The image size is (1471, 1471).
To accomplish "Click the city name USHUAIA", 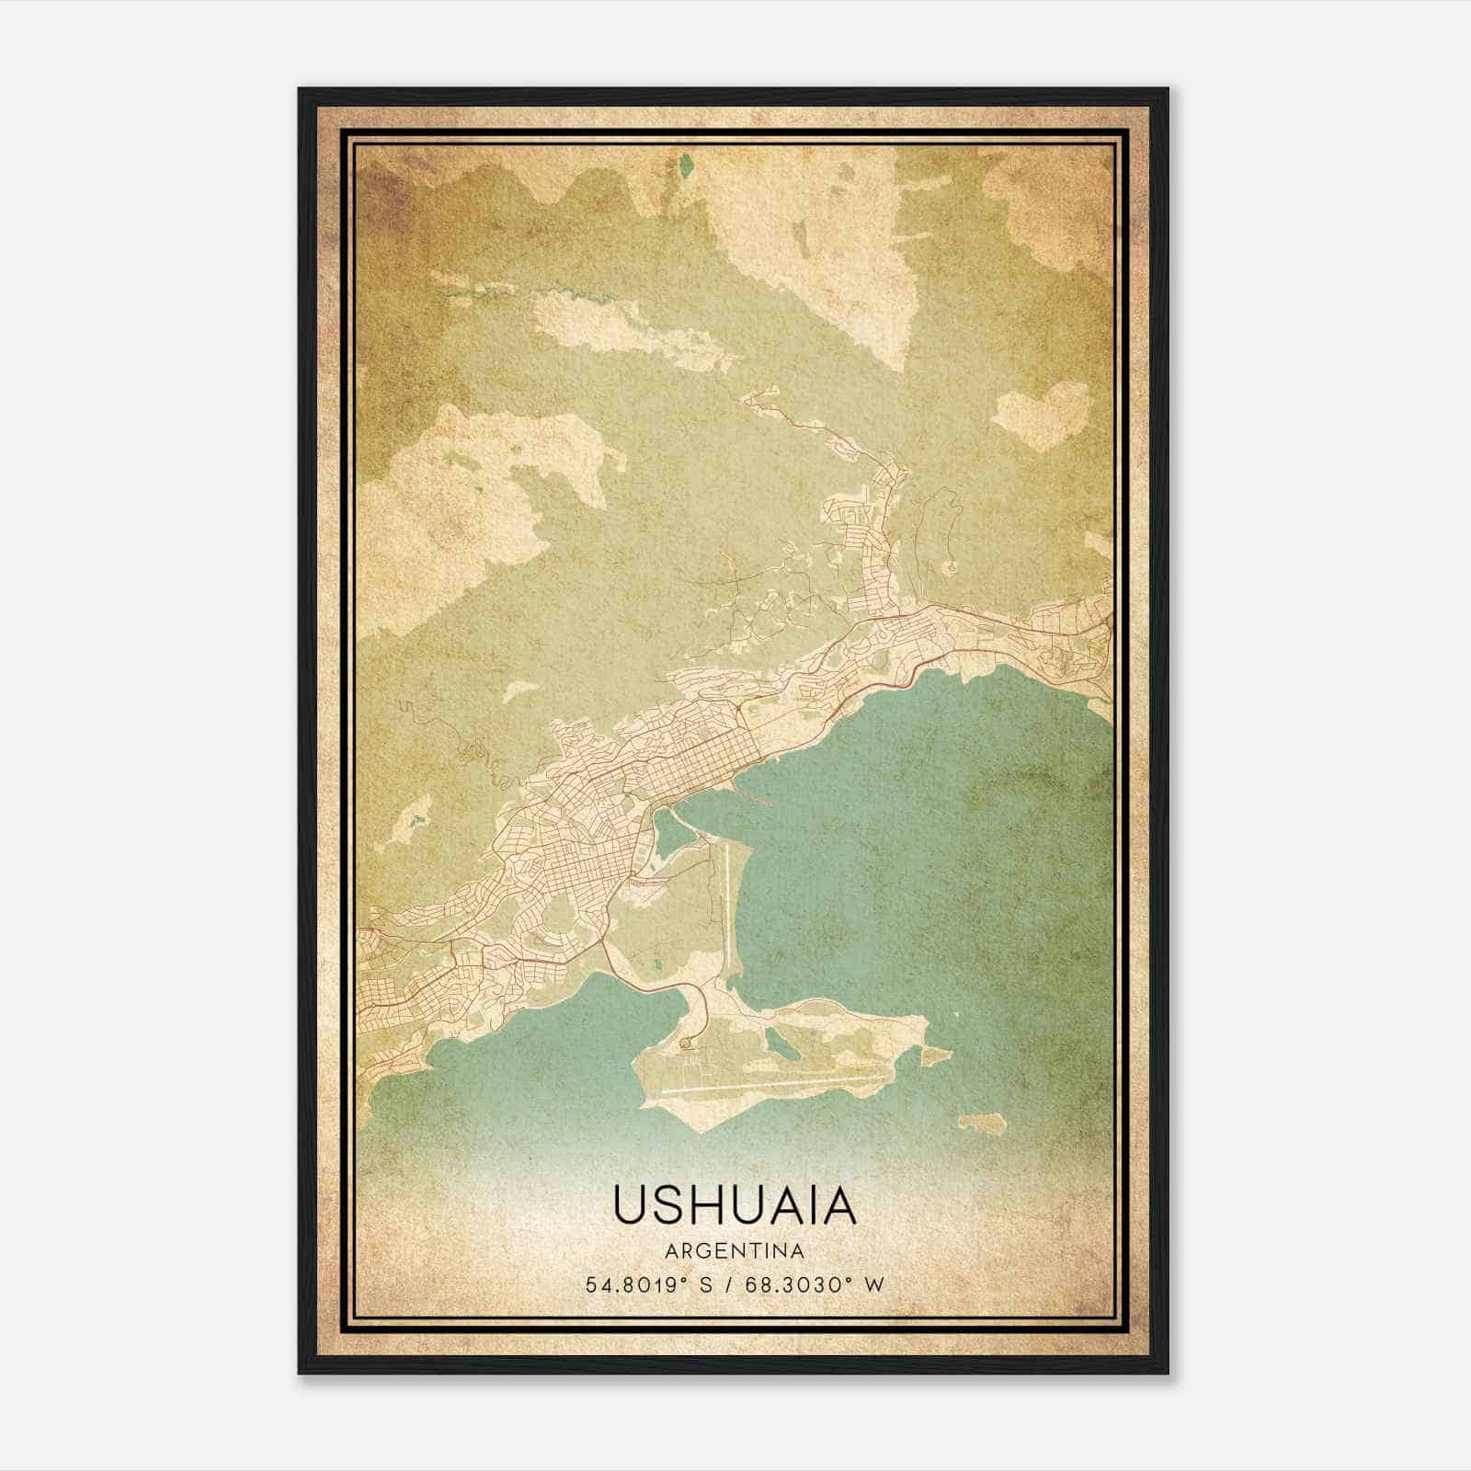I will [734, 1206].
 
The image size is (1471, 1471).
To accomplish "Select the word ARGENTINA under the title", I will [734, 1251].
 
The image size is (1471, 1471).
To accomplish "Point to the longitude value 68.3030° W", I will [815, 1284].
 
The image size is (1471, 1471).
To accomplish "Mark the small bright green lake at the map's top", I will [685, 167].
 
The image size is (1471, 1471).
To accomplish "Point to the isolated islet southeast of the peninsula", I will [980, 1123].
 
